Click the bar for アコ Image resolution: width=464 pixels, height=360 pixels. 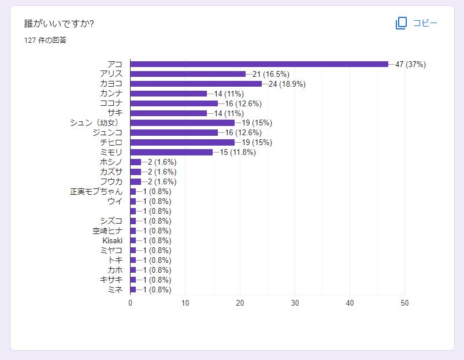pos(259,64)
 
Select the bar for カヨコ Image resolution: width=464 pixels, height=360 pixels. pos(196,84)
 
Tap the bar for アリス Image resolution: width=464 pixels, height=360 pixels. pos(188,74)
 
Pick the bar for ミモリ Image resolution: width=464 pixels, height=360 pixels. pos(171,152)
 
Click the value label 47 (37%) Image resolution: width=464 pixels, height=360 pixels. pos(410,64)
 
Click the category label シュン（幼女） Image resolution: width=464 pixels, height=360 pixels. pos(98,123)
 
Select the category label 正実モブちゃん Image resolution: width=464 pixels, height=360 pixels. pos(96,191)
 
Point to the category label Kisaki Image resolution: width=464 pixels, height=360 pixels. pos(113,240)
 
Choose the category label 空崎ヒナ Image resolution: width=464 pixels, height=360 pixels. pos(107,231)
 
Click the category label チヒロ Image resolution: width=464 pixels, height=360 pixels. pos(111,142)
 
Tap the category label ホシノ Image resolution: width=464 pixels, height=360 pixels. pos(111,162)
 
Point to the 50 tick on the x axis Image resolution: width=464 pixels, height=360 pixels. pos(404,303)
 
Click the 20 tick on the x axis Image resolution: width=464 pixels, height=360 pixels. pos(240,303)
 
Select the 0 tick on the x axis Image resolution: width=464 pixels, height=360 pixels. pos(131,303)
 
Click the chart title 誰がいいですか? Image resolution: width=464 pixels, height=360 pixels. pos(59,24)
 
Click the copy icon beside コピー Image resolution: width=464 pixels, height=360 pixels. pos(402,23)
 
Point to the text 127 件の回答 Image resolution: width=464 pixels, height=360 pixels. pos(45,40)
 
